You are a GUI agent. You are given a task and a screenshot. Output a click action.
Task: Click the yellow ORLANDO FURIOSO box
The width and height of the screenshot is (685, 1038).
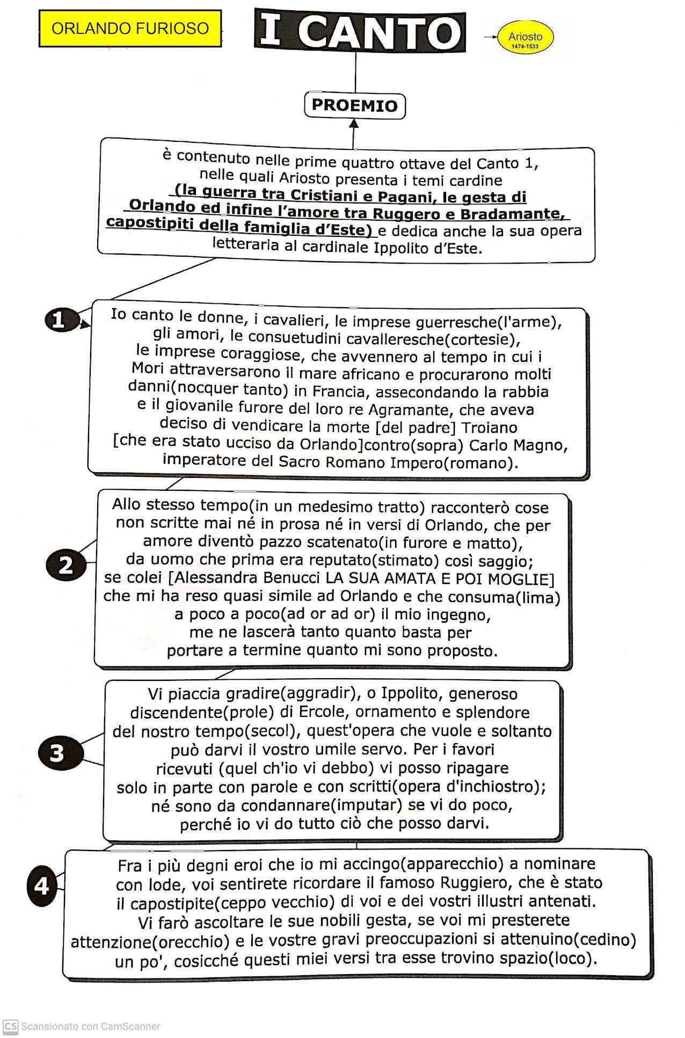(130, 28)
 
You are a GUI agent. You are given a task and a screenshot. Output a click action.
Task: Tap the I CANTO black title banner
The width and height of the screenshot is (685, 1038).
(360, 31)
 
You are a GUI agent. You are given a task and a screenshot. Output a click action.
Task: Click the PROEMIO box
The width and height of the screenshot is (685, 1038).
(354, 105)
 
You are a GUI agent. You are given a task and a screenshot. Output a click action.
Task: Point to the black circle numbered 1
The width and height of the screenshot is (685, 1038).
(59, 320)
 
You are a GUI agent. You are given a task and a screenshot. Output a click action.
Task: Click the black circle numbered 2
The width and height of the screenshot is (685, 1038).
(65, 565)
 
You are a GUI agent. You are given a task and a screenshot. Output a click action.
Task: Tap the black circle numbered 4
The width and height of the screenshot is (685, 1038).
(42, 885)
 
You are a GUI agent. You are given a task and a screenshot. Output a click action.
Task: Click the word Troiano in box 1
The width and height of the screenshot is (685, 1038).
(490, 428)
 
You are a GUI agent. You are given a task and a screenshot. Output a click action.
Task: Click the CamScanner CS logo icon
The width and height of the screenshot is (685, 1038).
(10, 1026)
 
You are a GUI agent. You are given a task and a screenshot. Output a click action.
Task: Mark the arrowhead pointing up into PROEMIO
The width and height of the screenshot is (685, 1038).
(354, 124)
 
